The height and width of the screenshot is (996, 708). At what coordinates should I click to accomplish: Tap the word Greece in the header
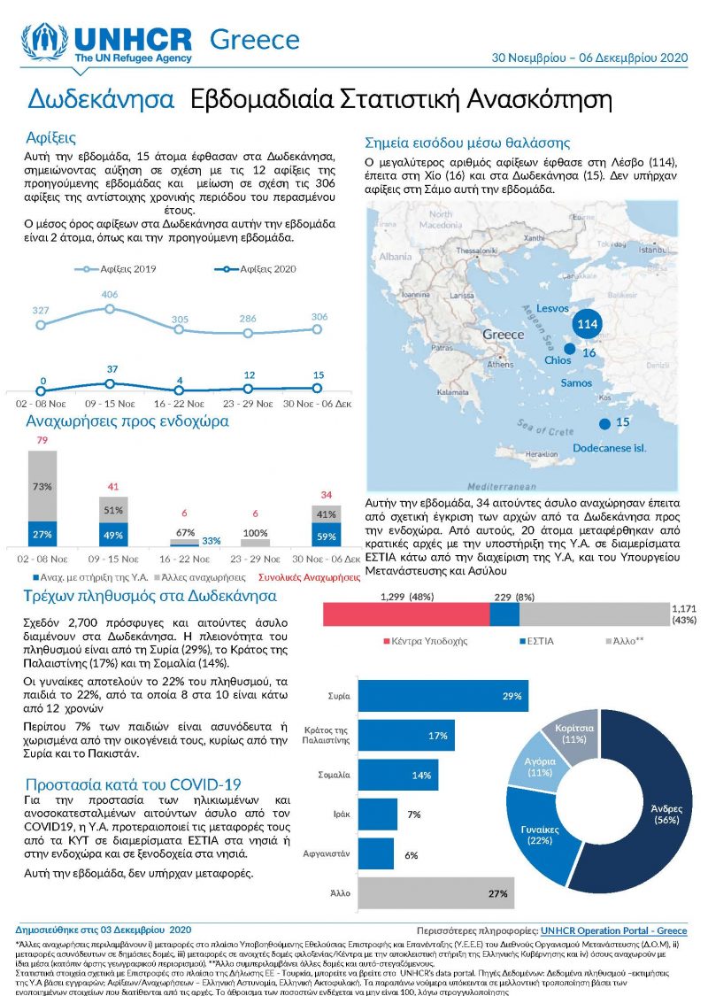[x=255, y=40]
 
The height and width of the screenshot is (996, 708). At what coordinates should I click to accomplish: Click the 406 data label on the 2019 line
[x=109, y=294]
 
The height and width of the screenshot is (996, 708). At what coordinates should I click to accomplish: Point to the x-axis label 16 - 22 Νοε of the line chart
[x=181, y=402]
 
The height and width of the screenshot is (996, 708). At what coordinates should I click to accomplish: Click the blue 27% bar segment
[x=42, y=534]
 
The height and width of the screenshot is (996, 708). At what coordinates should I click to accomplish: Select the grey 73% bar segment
[x=42, y=486]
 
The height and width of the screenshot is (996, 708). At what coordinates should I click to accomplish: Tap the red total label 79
[x=42, y=441]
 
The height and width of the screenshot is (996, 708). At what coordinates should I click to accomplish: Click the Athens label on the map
[x=500, y=364]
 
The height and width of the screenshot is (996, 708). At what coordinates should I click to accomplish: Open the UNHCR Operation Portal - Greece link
[x=613, y=931]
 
